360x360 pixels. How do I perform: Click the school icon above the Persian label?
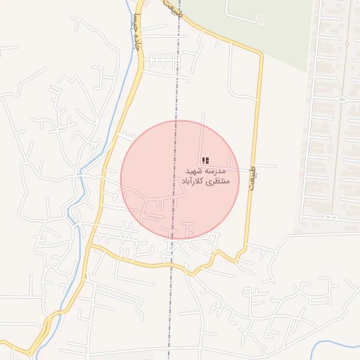(x=205, y=161)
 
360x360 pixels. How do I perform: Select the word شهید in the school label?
(x=194, y=172)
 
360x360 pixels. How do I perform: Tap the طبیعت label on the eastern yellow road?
(x=255, y=169)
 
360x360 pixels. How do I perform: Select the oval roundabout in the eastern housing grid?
(x=342, y=99)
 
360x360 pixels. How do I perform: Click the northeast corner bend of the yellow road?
(x=259, y=55)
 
